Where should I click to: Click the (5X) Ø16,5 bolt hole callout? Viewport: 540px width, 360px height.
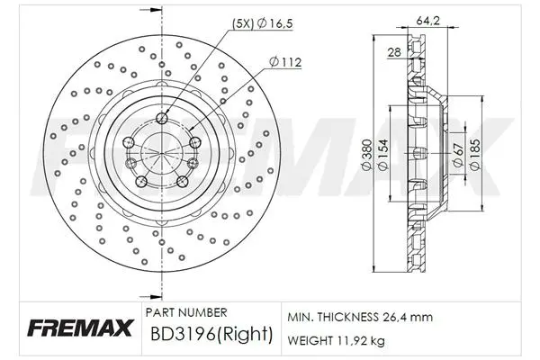263,23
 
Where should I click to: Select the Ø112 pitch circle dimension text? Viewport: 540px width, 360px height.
285,62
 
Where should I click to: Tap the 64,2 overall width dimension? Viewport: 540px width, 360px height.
428,21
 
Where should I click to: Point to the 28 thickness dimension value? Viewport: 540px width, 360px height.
394,52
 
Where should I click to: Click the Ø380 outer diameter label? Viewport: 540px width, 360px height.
366,154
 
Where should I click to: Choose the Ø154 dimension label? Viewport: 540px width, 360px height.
383,154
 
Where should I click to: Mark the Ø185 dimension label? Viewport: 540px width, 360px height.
475,154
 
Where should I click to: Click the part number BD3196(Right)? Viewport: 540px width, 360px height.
211,334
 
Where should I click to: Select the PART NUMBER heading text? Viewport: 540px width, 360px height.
186,312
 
